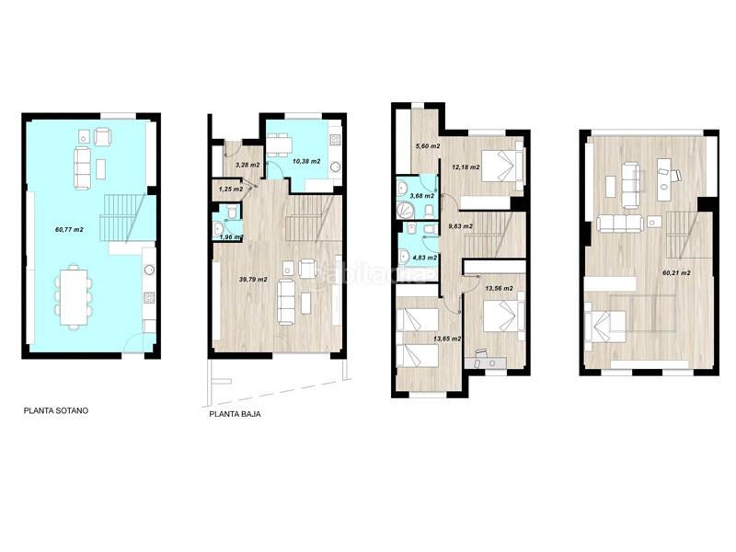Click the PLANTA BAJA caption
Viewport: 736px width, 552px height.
[236, 414]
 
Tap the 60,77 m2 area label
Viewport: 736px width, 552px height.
[69, 229]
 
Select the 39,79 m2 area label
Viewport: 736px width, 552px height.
[253, 279]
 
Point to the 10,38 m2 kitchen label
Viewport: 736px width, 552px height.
[305, 161]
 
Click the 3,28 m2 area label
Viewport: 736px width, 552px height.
[247, 165]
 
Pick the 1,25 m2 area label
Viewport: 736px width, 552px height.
[231, 189]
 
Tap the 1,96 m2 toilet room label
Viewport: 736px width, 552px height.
[230, 237]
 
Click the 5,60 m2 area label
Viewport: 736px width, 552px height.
[428, 145]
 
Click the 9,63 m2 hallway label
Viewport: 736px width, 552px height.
[460, 225]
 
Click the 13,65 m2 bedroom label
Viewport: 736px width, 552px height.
[447, 339]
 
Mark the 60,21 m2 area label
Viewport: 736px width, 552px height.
[676, 273]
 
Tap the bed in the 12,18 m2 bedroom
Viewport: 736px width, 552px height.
[505, 166]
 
